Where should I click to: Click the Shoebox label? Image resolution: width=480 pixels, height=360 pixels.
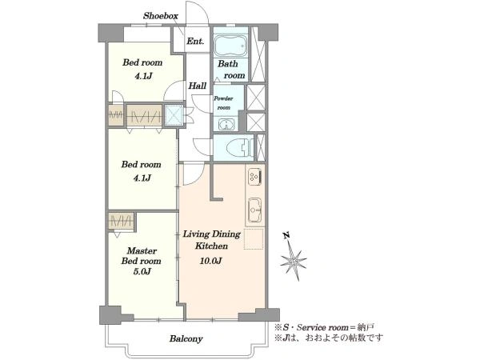pos(161,16)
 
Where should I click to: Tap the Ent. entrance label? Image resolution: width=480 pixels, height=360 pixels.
pos(195,41)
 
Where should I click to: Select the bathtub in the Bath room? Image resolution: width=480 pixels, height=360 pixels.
pos(230,46)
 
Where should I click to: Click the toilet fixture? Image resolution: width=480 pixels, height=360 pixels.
pos(240,148)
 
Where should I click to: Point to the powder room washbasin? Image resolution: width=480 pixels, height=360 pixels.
pos(226,125)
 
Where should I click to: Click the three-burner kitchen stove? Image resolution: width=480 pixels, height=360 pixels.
pos(254,176)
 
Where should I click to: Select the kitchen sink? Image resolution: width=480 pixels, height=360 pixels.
pos(254,210)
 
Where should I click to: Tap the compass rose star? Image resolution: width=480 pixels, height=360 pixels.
pos(294,261)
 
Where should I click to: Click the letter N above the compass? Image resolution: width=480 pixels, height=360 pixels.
pos(286,236)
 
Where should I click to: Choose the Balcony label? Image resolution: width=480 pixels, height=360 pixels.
pos(186,339)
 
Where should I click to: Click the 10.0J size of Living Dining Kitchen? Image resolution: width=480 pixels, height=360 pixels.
pos(211,261)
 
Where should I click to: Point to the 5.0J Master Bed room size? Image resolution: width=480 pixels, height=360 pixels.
pos(142,271)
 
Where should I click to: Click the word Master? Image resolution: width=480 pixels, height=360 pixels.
pos(142,250)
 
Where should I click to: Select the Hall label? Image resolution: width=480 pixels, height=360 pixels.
pos(197,86)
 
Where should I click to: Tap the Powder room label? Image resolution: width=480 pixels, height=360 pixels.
pos(223,103)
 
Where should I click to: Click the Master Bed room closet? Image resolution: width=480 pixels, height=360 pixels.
pos(122,221)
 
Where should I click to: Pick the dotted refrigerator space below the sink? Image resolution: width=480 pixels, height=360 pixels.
pos(254,238)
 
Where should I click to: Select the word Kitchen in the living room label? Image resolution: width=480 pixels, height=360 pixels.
pos(211,246)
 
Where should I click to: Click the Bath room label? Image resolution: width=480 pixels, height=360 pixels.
pos(231,70)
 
